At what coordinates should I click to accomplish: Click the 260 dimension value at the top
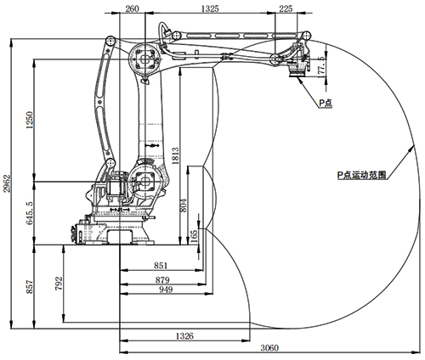(132, 8)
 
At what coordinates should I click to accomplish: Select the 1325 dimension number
(210, 8)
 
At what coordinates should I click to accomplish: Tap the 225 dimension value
(286, 8)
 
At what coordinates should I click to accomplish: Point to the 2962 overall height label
(7, 183)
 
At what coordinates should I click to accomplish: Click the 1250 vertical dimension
(30, 120)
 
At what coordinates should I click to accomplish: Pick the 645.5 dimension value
(30, 213)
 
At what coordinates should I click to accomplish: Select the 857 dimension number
(30, 287)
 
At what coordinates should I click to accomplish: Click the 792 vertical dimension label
(59, 284)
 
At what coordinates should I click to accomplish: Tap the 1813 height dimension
(176, 155)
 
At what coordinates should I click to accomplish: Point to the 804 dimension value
(184, 205)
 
